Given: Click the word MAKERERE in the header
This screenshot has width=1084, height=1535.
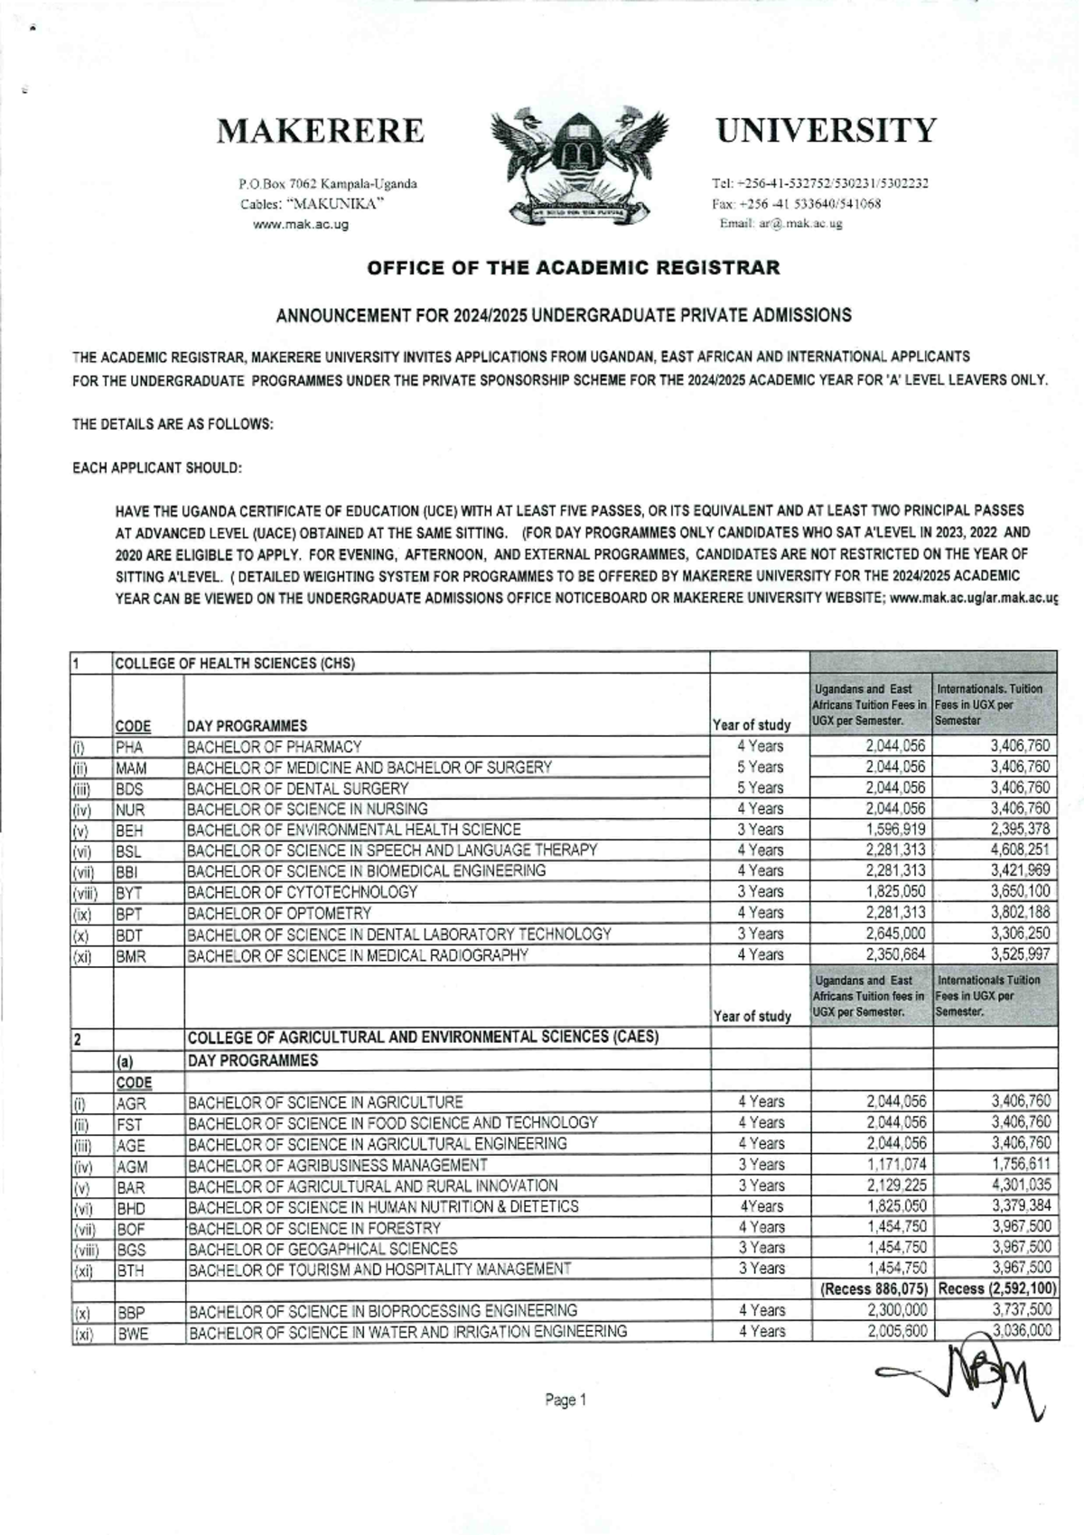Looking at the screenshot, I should pyautogui.click(x=320, y=132).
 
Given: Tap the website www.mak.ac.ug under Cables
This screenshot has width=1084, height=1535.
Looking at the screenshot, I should pyautogui.click(x=301, y=225).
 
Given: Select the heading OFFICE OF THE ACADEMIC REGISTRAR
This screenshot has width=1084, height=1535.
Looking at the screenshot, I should pyautogui.click(x=573, y=268).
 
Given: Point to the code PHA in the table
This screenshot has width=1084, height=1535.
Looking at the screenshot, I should pyautogui.click(x=130, y=748).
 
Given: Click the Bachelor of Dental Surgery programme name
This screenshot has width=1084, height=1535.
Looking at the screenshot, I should pyautogui.click(x=297, y=789).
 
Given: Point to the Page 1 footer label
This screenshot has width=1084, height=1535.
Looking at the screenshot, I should pyautogui.click(x=565, y=1400).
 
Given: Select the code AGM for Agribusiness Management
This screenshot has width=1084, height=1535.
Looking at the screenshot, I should pyautogui.click(x=132, y=1167).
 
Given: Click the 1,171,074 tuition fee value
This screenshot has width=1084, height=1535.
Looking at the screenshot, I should pyautogui.click(x=896, y=1165).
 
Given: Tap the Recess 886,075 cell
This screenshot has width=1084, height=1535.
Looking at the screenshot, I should pyautogui.click(x=874, y=1289).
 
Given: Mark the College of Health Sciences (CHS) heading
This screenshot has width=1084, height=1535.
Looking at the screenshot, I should pyautogui.click(x=235, y=664).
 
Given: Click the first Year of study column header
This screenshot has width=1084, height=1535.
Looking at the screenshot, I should pyautogui.click(x=752, y=725).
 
